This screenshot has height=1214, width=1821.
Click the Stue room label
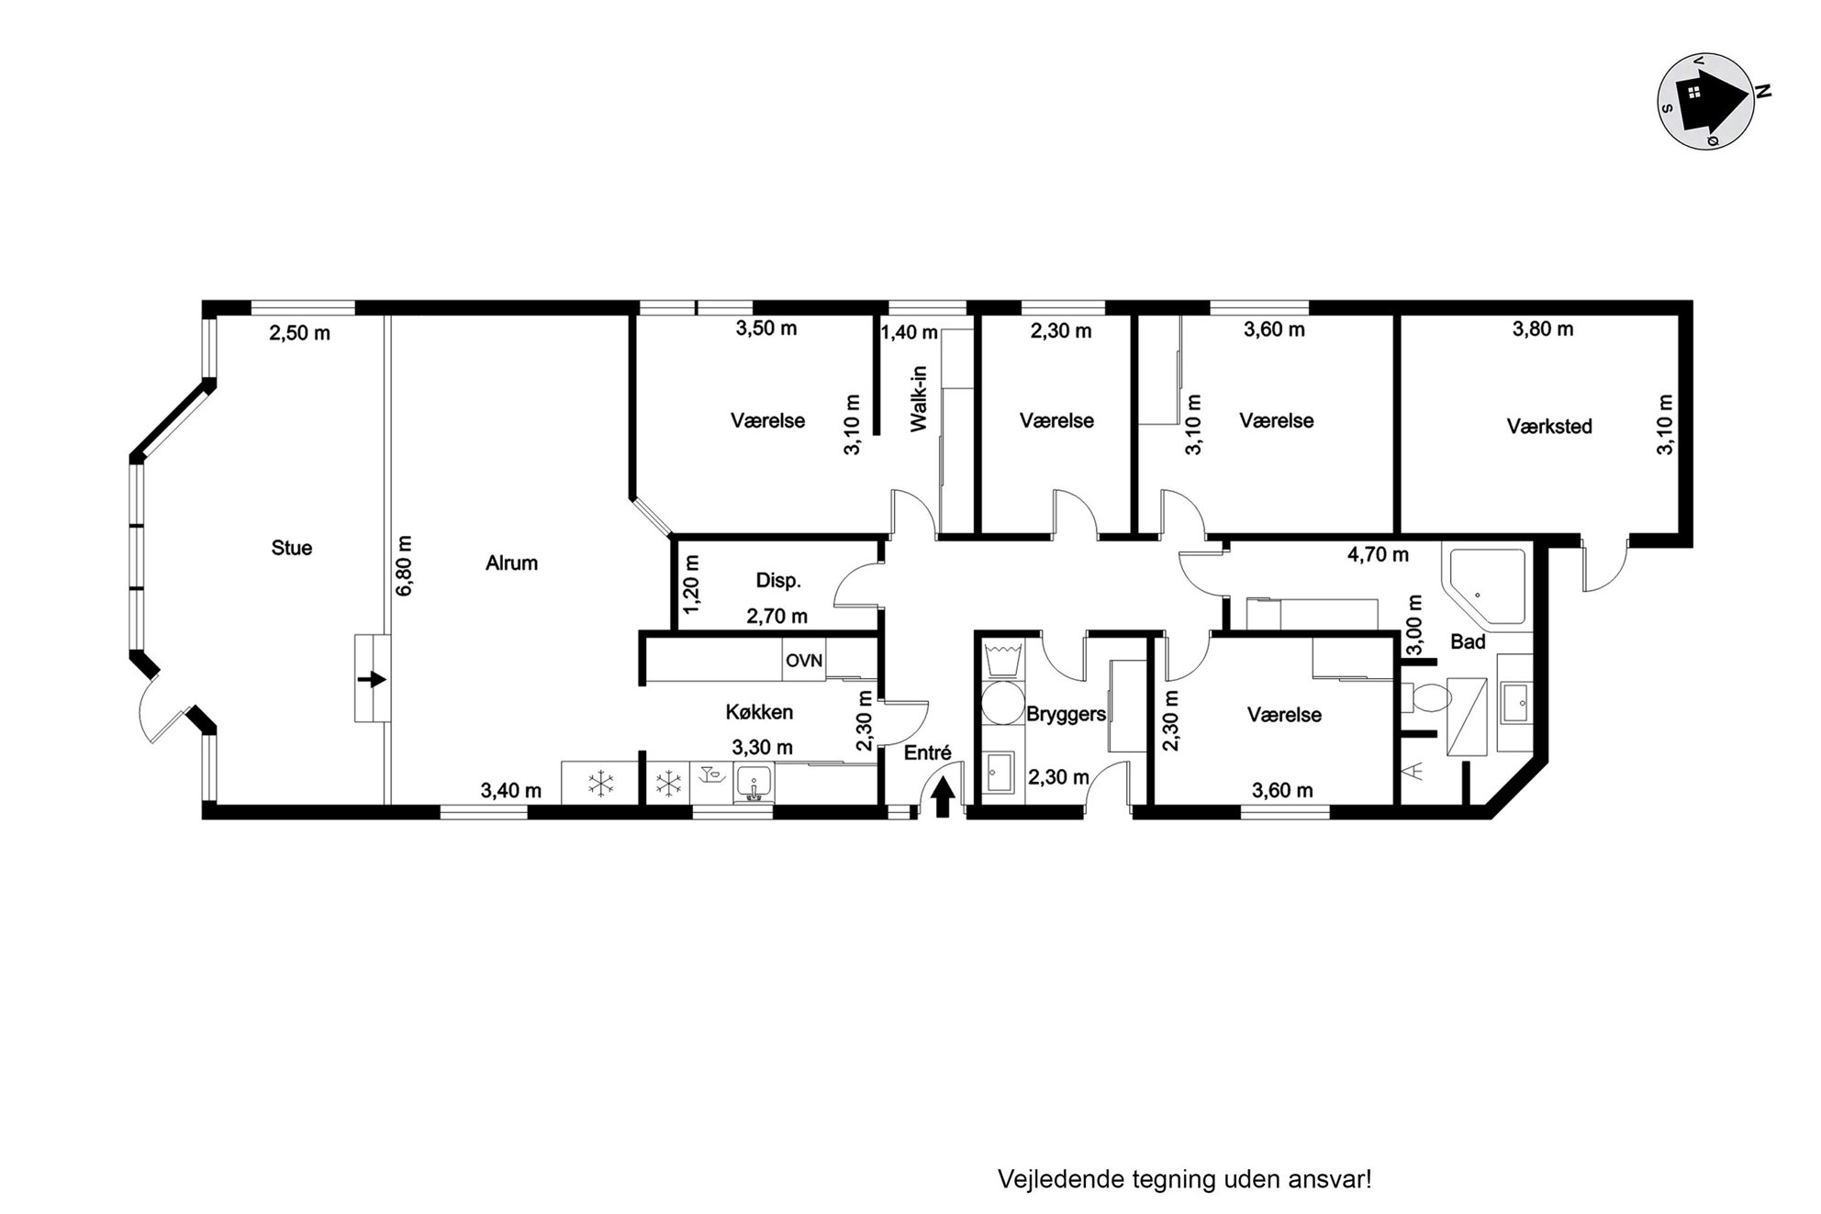point(292,548)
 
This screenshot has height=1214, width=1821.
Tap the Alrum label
point(511,563)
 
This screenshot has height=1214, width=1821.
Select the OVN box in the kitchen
point(804,661)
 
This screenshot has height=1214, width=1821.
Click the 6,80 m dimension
point(405,566)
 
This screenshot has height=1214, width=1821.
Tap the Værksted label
point(1549,427)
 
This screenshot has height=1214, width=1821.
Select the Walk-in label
point(919,399)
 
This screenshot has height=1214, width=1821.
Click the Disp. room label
point(778,581)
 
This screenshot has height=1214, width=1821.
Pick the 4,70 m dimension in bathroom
point(1378,555)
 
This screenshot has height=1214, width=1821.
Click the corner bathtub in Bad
point(1486,587)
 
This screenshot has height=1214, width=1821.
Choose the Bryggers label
point(1066,714)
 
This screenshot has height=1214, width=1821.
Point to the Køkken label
point(759,712)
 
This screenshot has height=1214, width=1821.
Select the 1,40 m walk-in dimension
point(910,332)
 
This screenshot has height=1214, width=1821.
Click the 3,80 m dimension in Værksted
point(1543,329)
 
